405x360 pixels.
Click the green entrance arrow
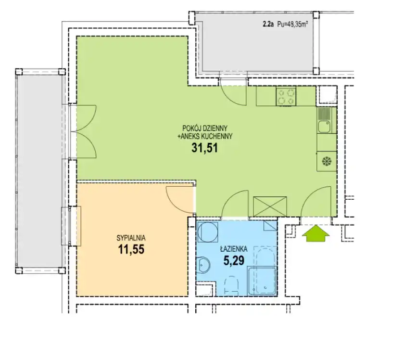pyautogui.click(x=316, y=233)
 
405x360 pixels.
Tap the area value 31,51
pyautogui.click(x=204, y=148)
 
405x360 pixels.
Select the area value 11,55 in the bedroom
pyautogui.click(x=131, y=249)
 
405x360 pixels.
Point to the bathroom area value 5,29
pyautogui.click(x=234, y=260)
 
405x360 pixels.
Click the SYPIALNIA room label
pyautogui.click(x=131, y=238)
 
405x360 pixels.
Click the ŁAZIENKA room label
pyautogui.click(x=234, y=249)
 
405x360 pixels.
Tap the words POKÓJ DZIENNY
pyautogui.click(x=205, y=128)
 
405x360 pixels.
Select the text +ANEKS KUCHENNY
pyautogui.click(x=205, y=136)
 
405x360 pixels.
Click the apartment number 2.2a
pyautogui.click(x=268, y=24)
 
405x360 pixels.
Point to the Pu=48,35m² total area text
pyautogui.click(x=292, y=24)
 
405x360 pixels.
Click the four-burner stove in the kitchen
pyautogui.click(x=286, y=96)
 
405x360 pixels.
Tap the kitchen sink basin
pyautogui.click(x=324, y=127)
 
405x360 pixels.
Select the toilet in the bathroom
pyautogui.click(x=231, y=285)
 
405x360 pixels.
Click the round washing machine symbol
pyautogui.click(x=207, y=231)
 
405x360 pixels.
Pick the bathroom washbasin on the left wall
pyautogui.click(x=203, y=265)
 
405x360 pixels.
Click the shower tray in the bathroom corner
pyautogui.click(x=262, y=282)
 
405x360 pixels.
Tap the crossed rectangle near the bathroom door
pyautogui.click(x=270, y=206)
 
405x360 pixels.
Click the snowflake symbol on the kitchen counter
pyautogui.click(x=327, y=162)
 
